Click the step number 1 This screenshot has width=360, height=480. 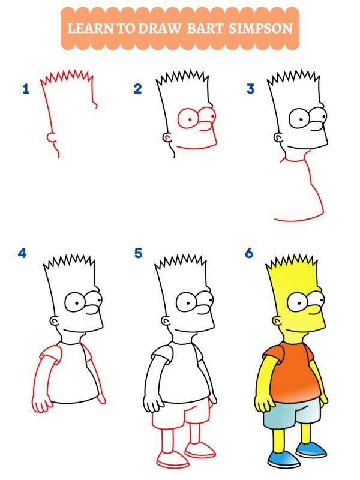pyautogui.click(x=26, y=89)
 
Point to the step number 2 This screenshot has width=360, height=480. pyautogui.click(x=138, y=89)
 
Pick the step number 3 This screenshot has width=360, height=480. pyautogui.click(x=250, y=89)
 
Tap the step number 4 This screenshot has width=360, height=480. pyautogui.click(x=23, y=253)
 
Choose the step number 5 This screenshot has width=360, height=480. pyautogui.click(x=139, y=253)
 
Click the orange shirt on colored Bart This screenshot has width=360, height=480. pyautogui.click(x=288, y=372)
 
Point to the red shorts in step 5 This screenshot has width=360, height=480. pyautogui.click(x=180, y=414)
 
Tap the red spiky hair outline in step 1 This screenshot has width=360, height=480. pyautogui.click(x=66, y=77)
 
